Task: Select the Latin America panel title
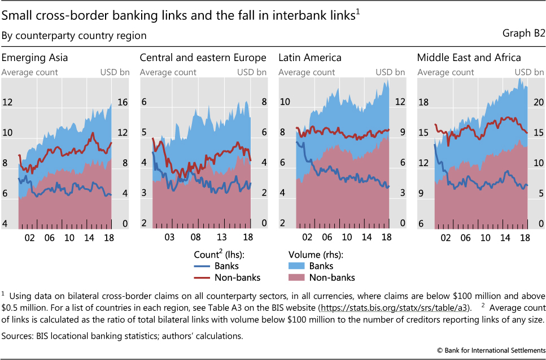tap(309, 58)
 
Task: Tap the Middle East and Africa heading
tap(469, 58)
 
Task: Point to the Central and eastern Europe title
tap(203, 58)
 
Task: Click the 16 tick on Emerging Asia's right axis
tap(122, 103)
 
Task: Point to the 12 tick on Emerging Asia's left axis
tap(7, 103)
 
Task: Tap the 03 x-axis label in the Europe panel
tap(169, 238)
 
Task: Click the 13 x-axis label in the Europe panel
tap(222, 238)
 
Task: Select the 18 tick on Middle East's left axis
tap(423, 103)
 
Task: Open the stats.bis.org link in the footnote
tap(394, 307)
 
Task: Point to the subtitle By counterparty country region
tap(74, 36)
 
